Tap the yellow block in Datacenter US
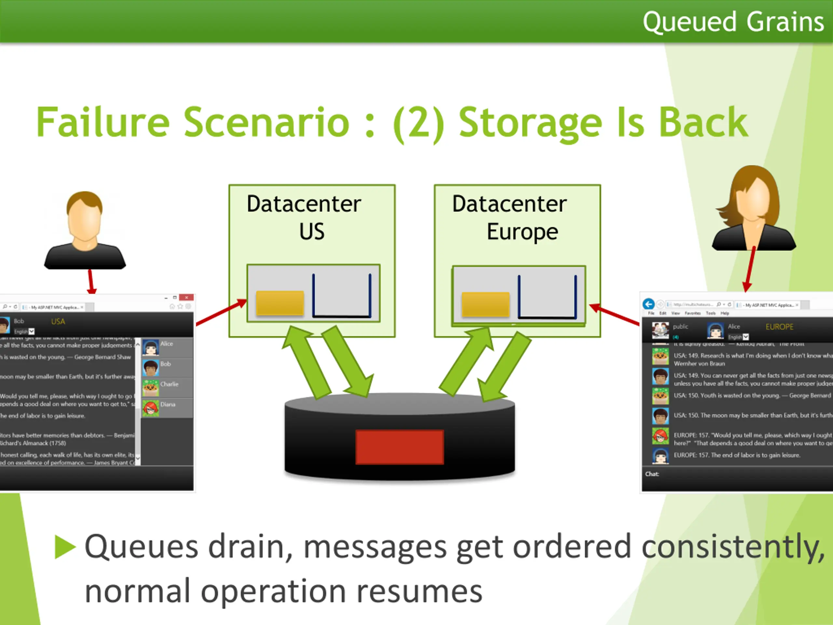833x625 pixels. click(x=280, y=302)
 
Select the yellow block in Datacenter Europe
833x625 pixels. click(x=485, y=304)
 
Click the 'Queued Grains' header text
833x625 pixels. click(x=733, y=22)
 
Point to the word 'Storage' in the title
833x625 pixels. click(x=530, y=123)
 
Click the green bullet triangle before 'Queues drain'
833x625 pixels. click(x=65, y=547)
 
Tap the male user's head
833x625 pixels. click(x=84, y=218)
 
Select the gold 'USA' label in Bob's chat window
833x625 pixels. click(x=58, y=321)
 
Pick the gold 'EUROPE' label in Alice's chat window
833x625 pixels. click(x=779, y=326)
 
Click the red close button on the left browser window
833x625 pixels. click(x=186, y=298)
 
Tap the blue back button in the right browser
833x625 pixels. click(x=648, y=304)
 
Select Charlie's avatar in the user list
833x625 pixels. click(x=151, y=387)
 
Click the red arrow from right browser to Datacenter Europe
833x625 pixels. click(x=614, y=314)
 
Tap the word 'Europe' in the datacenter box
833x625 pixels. click(x=522, y=231)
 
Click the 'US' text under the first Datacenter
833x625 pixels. click(x=312, y=231)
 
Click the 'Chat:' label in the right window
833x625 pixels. click(x=652, y=474)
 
